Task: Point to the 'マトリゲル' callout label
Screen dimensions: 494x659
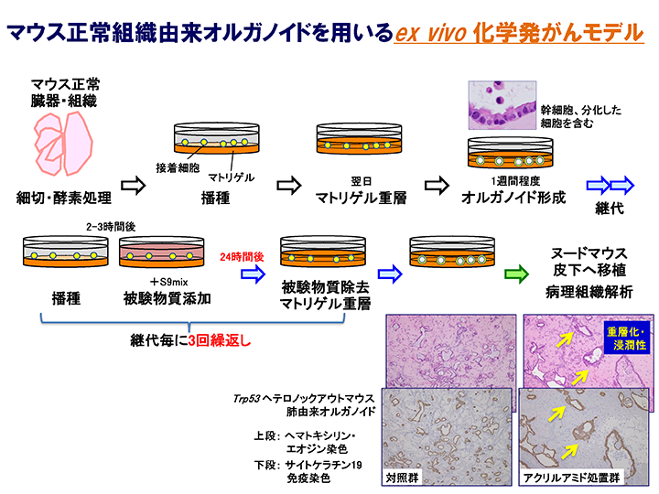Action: (x=231, y=177)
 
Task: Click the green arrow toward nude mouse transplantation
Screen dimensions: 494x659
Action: (x=516, y=272)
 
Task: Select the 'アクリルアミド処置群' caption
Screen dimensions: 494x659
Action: (x=568, y=477)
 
